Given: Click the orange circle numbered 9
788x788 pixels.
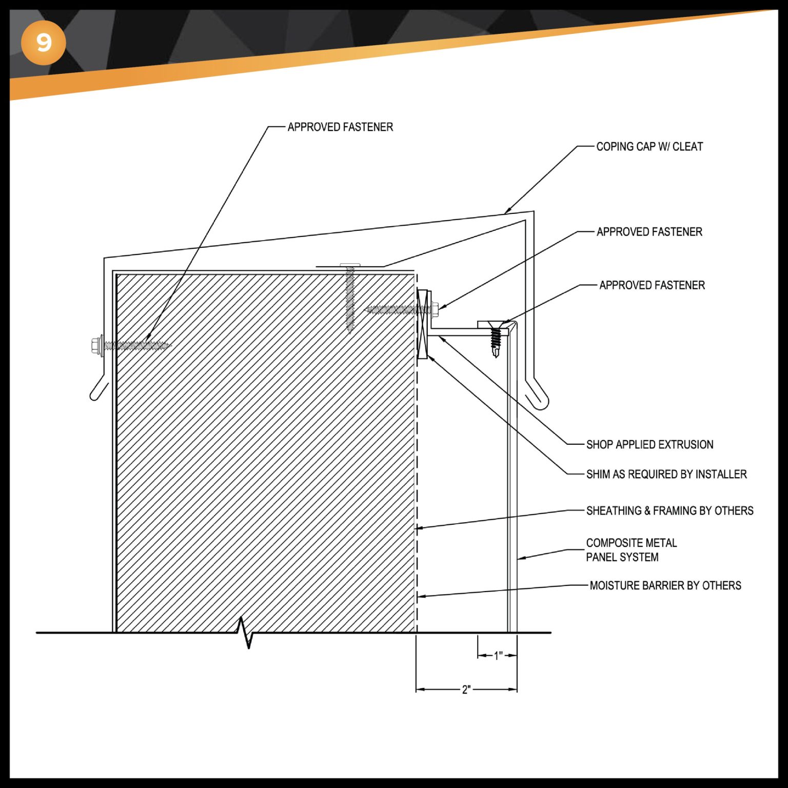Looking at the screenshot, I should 44,43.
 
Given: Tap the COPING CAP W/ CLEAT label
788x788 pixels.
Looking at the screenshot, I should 649,147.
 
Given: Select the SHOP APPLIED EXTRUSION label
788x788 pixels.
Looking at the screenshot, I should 649,444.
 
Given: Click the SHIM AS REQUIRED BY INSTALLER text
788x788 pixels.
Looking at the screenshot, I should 666,474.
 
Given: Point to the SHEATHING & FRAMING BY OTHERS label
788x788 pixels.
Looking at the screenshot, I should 669,510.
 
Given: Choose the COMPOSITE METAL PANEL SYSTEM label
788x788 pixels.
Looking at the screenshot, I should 631,550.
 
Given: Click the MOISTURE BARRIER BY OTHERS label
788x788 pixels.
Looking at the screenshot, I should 665,585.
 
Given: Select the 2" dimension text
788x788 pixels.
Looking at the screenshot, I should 466,689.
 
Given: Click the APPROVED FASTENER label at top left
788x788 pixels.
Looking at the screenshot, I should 340,127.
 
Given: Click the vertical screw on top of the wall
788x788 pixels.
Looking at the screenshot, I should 350,298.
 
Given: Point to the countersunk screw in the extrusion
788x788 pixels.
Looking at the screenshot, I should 495,336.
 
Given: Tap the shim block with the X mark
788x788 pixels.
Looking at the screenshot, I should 422,324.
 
